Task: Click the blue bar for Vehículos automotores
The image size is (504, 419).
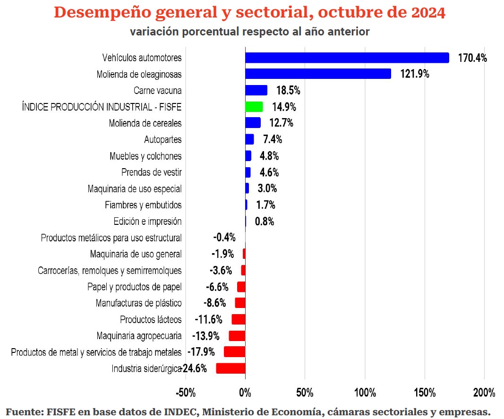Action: coord(347,58)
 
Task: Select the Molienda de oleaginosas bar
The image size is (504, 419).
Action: coord(318,74)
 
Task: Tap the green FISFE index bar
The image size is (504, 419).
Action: coord(254,107)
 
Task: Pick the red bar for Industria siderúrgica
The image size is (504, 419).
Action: coord(231,368)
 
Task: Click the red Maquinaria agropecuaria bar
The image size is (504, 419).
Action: coord(237,336)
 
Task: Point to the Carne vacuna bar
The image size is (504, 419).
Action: coord(256,90)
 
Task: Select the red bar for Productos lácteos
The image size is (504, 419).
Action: coord(238,319)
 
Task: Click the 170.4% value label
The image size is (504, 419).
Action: coord(472,58)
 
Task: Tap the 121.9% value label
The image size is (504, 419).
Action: coord(415,74)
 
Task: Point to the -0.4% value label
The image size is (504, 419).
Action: coord(224,238)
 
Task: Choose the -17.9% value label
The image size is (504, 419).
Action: coord(201,352)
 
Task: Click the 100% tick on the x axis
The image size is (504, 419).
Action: coord(365,393)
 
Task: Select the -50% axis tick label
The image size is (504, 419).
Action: coord(185,393)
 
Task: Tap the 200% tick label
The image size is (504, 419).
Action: coord(484,393)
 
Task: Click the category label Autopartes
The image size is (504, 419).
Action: coord(162,140)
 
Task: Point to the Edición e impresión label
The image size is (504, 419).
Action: coord(147,222)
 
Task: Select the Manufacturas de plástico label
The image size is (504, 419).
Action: coord(138,303)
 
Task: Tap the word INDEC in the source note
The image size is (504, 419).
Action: coord(181,411)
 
